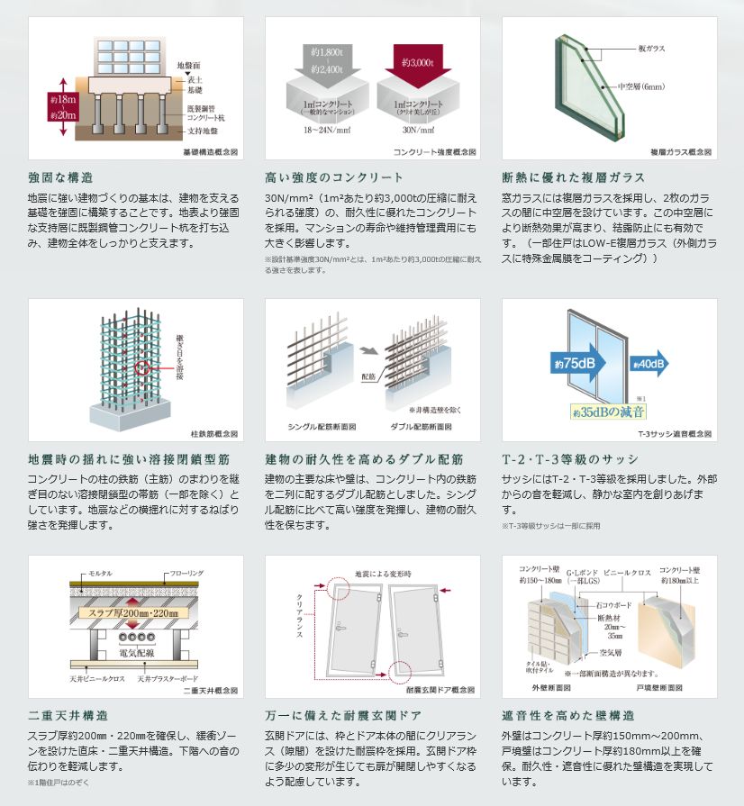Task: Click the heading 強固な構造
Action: tap(61, 177)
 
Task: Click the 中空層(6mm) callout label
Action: tap(641, 86)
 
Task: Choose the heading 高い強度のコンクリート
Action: tap(334, 177)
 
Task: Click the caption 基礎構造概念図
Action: tap(209, 153)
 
